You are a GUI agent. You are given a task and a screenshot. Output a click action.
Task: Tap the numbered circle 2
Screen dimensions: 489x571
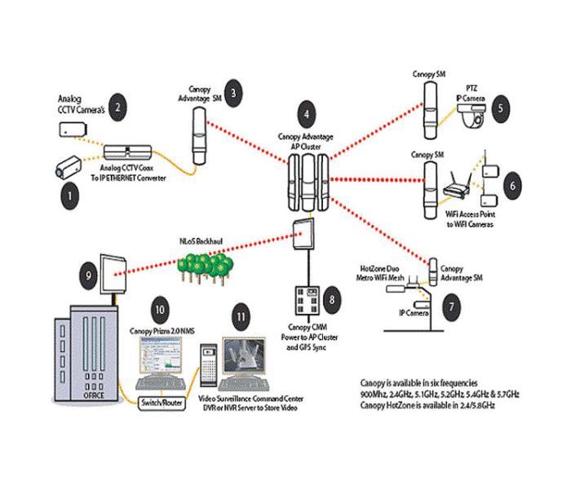point(119,106)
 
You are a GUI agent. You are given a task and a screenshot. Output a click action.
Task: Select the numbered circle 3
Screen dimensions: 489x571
point(233,93)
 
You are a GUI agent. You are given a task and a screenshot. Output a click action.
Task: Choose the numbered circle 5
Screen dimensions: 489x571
point(501,105)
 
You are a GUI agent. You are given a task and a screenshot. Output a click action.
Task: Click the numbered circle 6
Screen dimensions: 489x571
point(512,185)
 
